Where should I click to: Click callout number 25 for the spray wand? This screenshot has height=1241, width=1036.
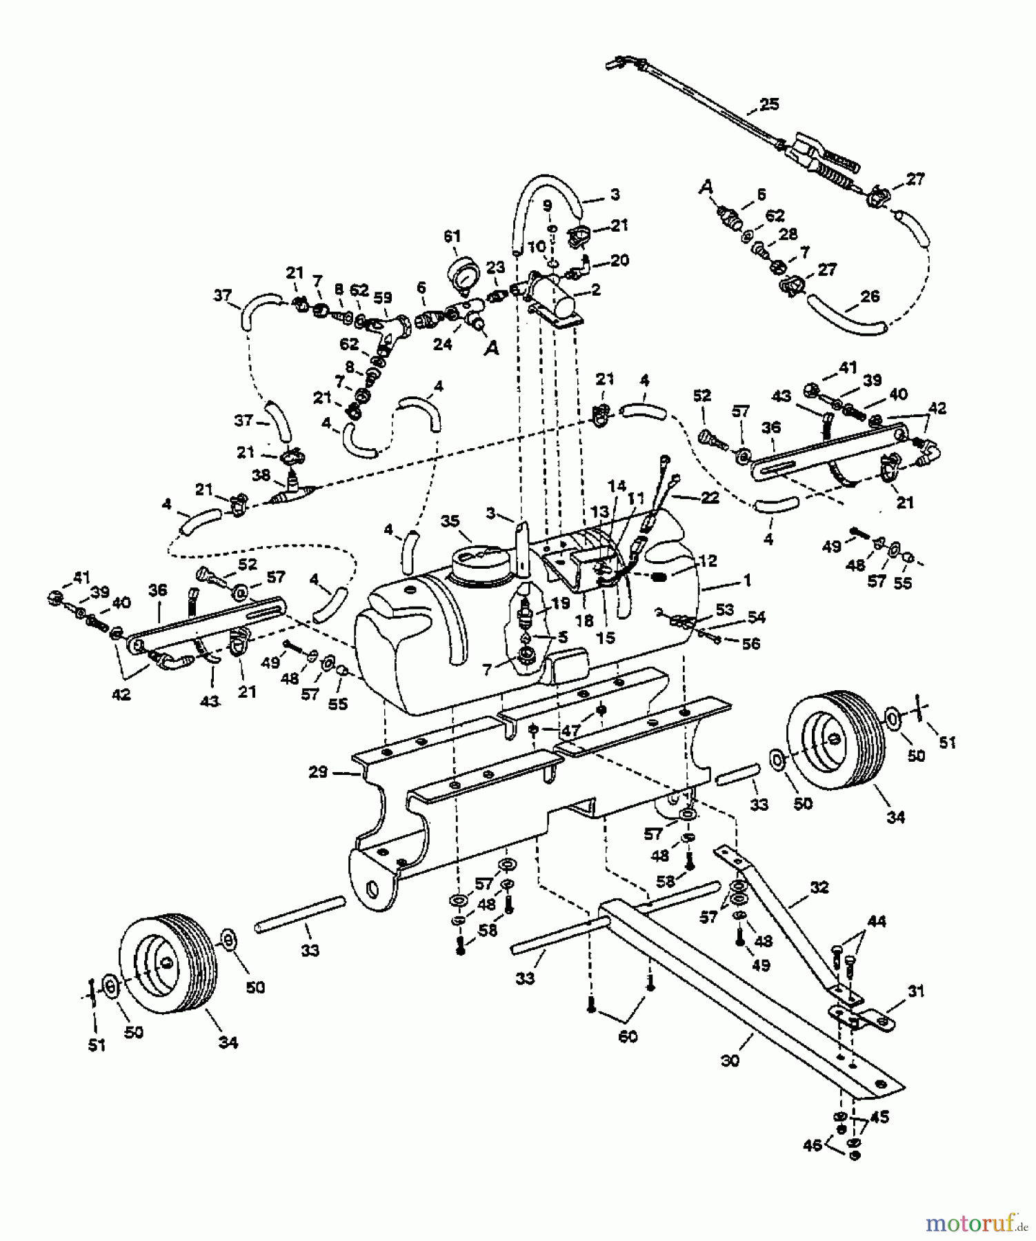point(768,104)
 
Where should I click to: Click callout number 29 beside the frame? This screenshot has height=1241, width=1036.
point(318,772)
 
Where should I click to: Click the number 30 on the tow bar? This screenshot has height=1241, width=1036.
point(729,1060)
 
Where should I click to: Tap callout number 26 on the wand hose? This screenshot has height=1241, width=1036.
point(870,296)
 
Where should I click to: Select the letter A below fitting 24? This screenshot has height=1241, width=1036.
point(492,350)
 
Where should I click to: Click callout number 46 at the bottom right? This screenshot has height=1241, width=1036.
point(813,1145)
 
